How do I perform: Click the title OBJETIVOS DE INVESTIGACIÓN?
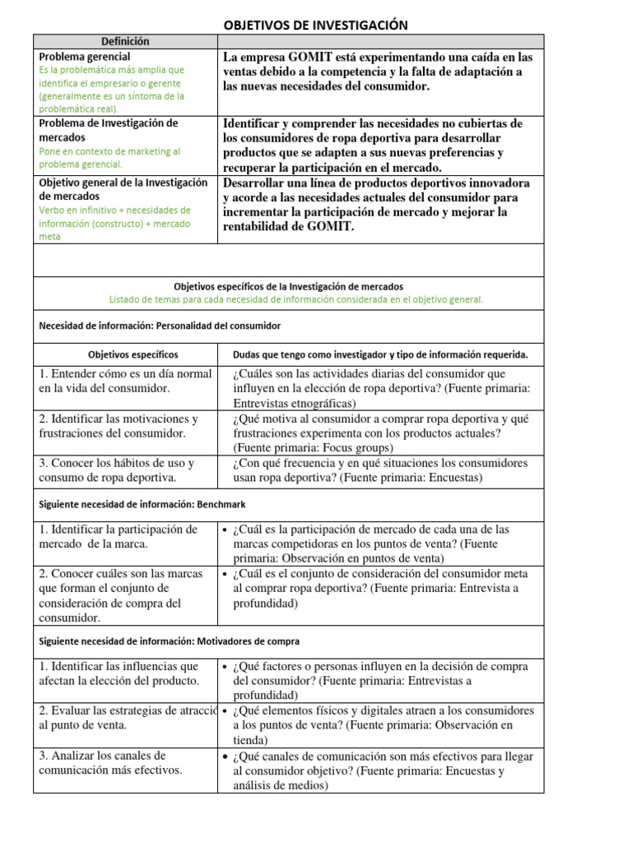coord(316,25)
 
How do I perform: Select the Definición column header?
coord(125,41)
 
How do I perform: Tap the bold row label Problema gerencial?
coord(84,56)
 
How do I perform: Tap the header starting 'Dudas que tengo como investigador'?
coord(380,354)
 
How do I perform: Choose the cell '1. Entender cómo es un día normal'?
coord(124,381)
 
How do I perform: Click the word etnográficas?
coord(314,403)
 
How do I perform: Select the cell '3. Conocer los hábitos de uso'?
coord(116,470)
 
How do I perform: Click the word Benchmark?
coord(219,503)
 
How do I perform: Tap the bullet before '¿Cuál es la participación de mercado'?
coord(225,530)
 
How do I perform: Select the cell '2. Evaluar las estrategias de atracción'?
coord(127,718)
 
